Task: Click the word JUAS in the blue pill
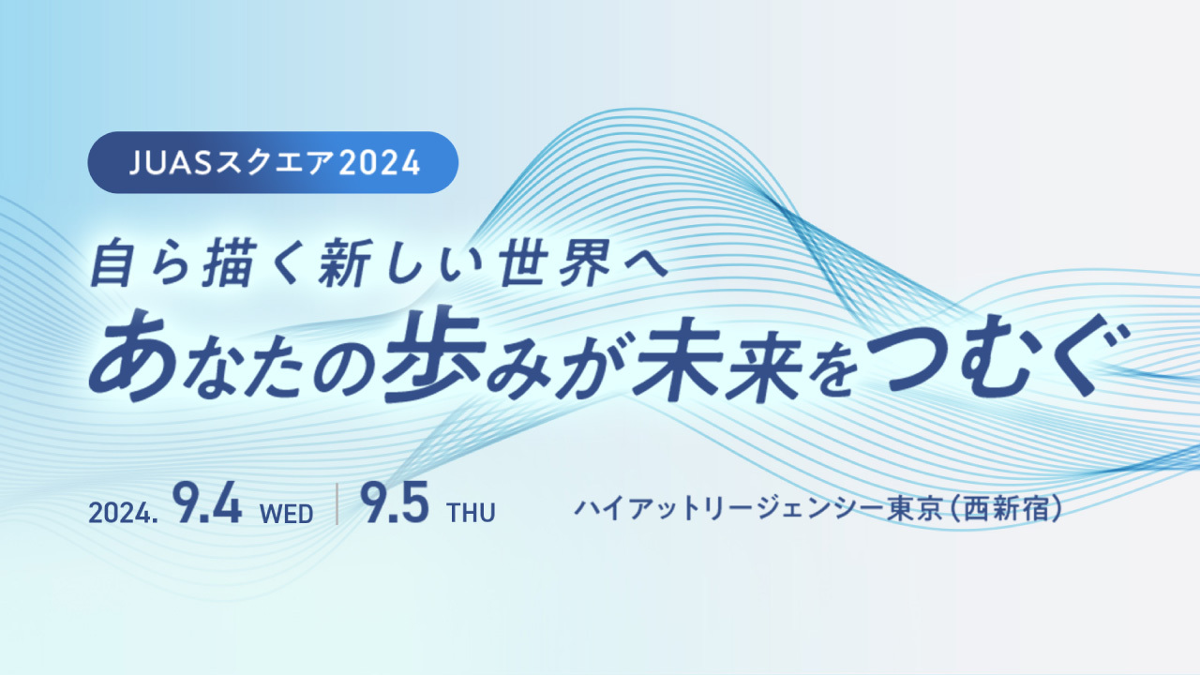(172, 162)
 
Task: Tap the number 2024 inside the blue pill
(380, 162)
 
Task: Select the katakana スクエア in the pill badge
(276, 162)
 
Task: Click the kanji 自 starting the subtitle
(112, 263)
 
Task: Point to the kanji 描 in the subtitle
(227, 263)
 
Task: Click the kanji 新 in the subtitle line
(342, 263)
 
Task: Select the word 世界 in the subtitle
(554, 263)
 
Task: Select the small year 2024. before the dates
(123, 514)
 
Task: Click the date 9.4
(207, 503)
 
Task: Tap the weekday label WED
(287, 514)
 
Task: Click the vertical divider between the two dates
(337, 503)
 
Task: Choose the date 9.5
(395, 503)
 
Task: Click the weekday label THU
(472, 514)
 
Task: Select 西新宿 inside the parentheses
(1006, 509)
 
